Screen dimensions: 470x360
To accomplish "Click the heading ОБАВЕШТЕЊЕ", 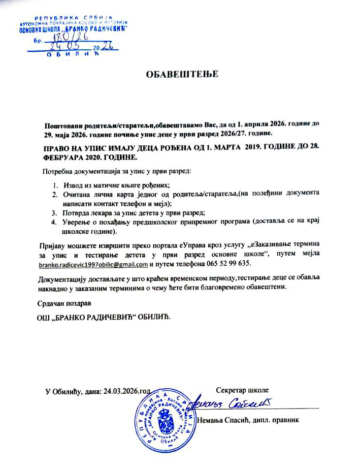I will [x=182, y=74].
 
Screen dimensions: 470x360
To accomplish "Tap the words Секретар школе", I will [x=242, y=390].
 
